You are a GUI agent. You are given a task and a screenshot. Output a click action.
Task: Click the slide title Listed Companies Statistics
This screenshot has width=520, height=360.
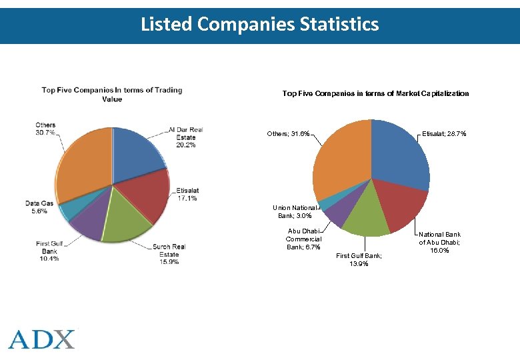[259, 25]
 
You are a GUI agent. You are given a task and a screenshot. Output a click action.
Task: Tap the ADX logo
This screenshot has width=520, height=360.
[42, 339]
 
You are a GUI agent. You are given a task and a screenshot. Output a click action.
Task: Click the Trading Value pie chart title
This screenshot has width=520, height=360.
[112, 94]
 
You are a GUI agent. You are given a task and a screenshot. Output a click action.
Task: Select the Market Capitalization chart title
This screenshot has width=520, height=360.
[375, 93]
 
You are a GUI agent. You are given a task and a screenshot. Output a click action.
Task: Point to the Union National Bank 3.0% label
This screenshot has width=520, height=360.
[295, 211]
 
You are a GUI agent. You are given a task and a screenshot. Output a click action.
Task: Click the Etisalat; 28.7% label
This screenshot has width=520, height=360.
[444, 134]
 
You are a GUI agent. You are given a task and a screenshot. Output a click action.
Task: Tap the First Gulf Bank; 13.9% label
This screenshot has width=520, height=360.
[359, 259]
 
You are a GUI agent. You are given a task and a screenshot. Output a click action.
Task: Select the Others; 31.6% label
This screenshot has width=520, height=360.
[288, 134]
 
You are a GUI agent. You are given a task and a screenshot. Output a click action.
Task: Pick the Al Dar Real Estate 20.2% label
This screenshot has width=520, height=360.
[185, 137]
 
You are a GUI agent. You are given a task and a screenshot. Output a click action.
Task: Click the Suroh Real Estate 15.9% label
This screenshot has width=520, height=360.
[169, 254]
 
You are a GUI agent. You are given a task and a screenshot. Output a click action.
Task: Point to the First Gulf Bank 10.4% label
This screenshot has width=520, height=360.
[50, 251]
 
